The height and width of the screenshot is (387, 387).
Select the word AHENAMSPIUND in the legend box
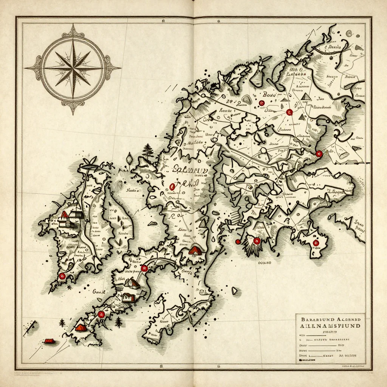coord(330,325)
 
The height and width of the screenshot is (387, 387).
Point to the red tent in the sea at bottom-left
coord(49,341)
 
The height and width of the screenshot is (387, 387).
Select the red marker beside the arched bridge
coord(144,268)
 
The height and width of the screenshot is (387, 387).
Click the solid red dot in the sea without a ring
coord(238,241)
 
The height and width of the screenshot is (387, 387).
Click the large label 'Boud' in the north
coord(269,95)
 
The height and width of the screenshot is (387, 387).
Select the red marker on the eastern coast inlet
coord(319,153)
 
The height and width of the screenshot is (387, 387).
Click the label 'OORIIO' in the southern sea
coord(265,262)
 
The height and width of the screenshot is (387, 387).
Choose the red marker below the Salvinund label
coord(173,186)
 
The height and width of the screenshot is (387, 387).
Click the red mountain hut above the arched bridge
coord(195,249)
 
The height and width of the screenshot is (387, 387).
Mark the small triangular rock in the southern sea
coord(235,291)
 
